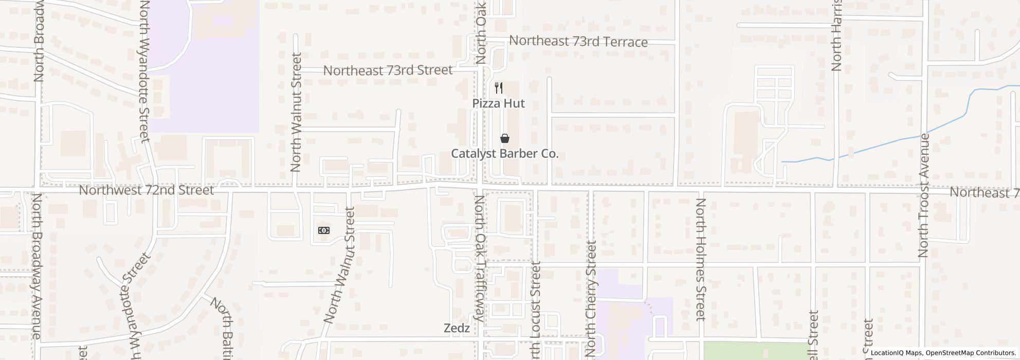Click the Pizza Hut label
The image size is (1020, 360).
[x=498, y=103]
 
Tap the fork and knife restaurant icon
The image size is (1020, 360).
[x=498, y=87]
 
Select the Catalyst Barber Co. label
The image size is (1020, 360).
[x=504, y=154]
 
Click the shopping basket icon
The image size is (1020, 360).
[x=505, y=138]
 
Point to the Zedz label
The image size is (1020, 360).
[x=457, y=328]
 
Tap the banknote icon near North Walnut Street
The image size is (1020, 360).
[x=324, y=230]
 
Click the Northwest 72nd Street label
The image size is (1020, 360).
[x=146, y=190]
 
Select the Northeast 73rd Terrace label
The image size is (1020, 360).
[x=578, y=42]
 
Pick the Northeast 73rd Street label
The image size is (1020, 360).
[x=388, y=70]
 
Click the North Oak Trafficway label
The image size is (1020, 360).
[x=479, y=258]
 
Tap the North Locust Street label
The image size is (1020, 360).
[x=536, y=309]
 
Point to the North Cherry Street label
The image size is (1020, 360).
[x=591, y=298]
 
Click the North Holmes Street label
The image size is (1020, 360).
[x=700, y=259]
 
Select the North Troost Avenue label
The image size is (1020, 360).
[x=924, y=195]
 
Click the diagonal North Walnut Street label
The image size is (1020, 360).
[x=340, y=265]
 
